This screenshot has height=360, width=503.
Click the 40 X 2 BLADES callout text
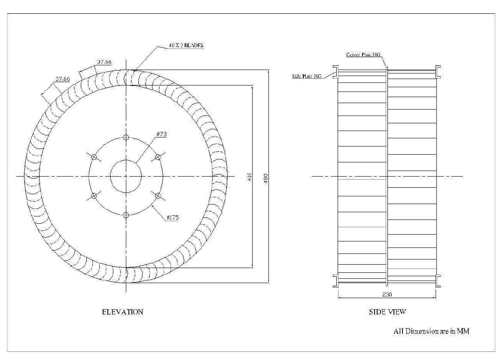point(186,45)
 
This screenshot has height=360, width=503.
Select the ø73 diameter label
point(162,134)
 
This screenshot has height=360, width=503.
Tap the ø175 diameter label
point(173,217)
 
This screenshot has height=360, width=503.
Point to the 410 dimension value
point(250,177)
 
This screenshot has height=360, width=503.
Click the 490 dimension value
point(266,177)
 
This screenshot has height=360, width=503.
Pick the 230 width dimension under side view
point(387,295)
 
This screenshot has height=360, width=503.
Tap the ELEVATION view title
point(122,312)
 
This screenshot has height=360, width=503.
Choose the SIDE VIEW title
point(387,312)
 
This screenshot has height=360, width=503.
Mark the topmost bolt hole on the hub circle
point(126,137)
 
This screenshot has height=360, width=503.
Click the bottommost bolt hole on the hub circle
point(126,215)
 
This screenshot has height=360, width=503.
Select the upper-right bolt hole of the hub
point(158,157)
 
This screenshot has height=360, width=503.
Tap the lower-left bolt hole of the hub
point(94,196)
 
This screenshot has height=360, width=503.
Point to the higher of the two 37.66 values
point(104,62)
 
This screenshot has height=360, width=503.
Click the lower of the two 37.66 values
point(63,79)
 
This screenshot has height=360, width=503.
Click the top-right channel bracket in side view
point(439,72)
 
